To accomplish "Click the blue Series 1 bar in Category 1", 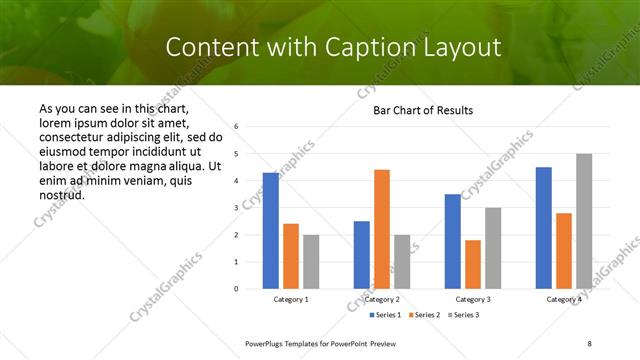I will pyautogui.click(x=271, y=231).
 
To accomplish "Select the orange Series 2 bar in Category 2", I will pyautogui.click(x=382, y=229).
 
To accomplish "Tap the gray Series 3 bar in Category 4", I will pyautogui.click(x=584, y=221).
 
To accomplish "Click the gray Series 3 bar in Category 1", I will pyautogui.click(x=311, y=262).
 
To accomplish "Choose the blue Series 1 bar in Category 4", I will pyautogui.click(x=544, y=228).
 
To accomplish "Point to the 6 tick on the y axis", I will pyautogui.click(x=236, y=127).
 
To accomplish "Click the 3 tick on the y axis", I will pyautogui.click(x=236, y=208).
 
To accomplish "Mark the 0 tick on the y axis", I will pyautogui.click(x=236, y=289).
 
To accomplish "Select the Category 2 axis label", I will pyautogui.click(x=382, y=300).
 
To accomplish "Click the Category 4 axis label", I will pyautogui.click(x=564, y=300).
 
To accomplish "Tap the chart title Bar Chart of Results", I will pyautogui.click(x=423, y=110).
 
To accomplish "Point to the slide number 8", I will pyautogui.click(x=590, y=343).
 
